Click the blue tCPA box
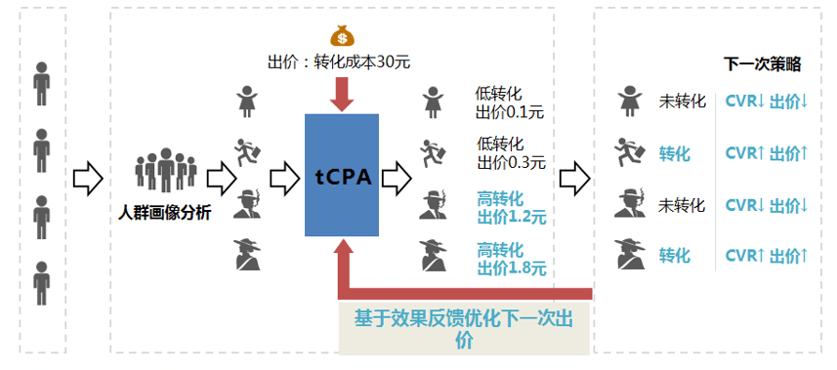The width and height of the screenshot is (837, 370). (342, 175)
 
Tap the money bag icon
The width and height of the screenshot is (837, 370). (342, 37)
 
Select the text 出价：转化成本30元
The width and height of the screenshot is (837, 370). (339, 62)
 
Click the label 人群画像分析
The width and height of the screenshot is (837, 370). (164, 214)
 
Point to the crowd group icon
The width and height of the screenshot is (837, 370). (166, 170)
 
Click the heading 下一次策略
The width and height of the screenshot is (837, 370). (762, 65)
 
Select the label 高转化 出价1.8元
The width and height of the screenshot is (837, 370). (512, 259)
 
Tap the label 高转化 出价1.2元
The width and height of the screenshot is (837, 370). (512, 208)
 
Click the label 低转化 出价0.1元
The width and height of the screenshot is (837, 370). (509, 103)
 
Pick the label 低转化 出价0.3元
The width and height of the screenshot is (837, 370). (512, 153)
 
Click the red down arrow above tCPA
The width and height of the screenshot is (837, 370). (342, 95)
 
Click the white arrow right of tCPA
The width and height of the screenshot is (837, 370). (397, 179)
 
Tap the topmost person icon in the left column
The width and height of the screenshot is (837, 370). (42, 83)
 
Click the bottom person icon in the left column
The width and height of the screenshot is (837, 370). (42, 283)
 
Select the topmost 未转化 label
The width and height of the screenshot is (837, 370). (683, 102)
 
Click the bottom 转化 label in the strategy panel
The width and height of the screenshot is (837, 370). (675, 256)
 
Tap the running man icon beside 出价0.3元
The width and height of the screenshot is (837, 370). (434, 154)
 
